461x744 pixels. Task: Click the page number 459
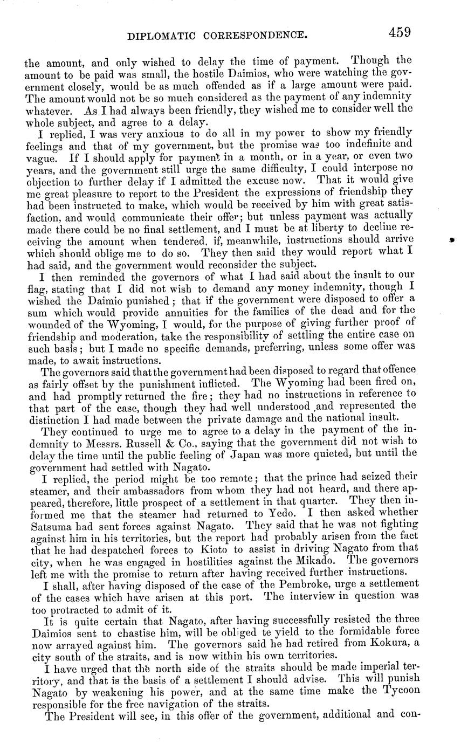399,32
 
